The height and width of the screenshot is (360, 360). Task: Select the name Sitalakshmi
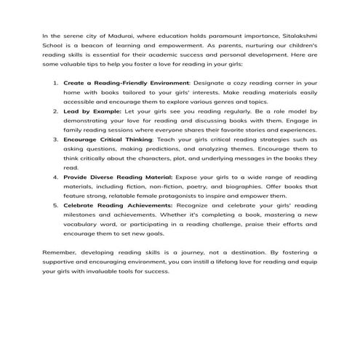point(297,34)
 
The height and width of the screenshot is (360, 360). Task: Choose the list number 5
point(55,206)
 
